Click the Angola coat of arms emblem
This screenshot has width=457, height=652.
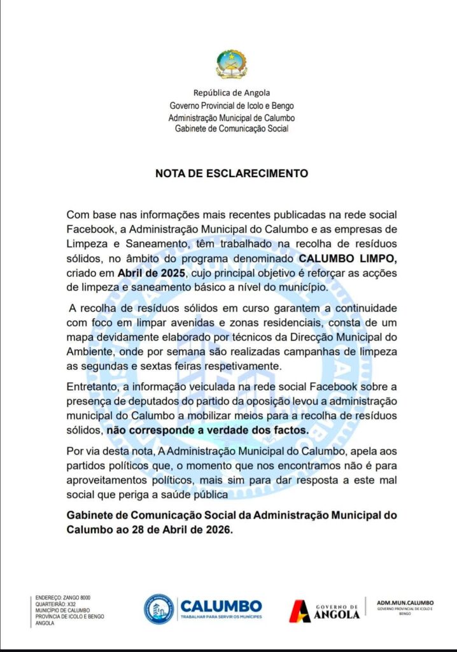231,64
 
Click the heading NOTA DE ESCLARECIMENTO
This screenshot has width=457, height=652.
232,173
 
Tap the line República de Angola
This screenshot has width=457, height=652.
232,93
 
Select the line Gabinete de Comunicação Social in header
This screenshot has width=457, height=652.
232,129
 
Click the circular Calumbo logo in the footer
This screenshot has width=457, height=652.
158,609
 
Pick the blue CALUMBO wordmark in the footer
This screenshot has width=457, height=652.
221,605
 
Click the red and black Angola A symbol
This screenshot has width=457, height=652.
300,611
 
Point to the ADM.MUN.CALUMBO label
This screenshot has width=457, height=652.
405,602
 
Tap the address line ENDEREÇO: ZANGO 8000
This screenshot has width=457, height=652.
63,598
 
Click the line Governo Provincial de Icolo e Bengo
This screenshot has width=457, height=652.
232,106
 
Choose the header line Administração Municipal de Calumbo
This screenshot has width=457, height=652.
232,118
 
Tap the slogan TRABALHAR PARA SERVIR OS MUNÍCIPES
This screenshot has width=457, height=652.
221,617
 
